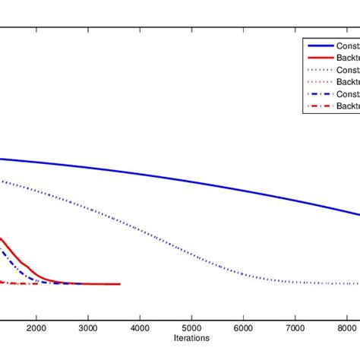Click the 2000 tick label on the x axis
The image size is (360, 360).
(36, 327)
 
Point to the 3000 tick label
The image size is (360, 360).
(87, 327)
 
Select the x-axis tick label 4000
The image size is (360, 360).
(139, 327)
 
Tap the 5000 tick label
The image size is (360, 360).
(191, 327)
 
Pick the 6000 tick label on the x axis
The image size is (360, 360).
(243, 327)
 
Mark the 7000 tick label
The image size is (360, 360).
(295, 327)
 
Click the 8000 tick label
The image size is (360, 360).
(346, 327)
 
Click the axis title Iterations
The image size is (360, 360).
(191, 338)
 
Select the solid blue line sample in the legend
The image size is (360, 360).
(319, 46)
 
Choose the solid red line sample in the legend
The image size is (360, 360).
(319, 58)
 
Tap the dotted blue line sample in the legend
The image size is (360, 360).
(319, 71)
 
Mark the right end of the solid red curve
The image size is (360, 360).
(119, 284)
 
